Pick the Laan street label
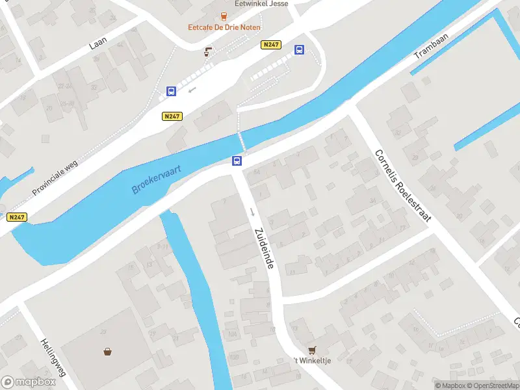pyautogui.click(x=98, y=43)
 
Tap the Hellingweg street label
pyautogui.click(x=53, y=358)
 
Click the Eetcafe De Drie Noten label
pyautogui.click(x=224, y=27)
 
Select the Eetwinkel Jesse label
pyautogui.click(x=261, y=3)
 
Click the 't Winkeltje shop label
pyautogui.click(x=312, y=361)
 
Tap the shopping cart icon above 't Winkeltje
pyautogui.click(x=312, y=349)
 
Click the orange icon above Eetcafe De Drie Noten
pyautogui.click(x=224, y=16)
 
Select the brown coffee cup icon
pyautogui.click(x=208, y=51)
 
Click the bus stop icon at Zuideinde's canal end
pyautogui.click(x=238, y=161)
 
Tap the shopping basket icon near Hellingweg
pyautogui.click(x=107, y=352)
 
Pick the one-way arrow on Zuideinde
pyautogui.click(x=252, y=212)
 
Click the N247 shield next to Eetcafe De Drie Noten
pyautogui.click(x=272, y=44)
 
